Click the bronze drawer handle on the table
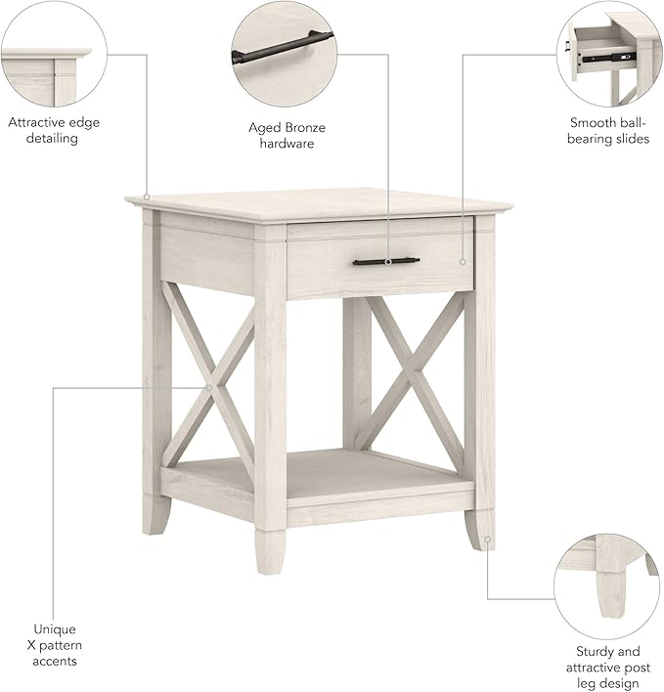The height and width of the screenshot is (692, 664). [x=385, y=261]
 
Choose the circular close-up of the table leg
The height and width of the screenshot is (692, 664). [x=605, y=585]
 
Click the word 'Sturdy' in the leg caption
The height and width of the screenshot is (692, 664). [x=595, y=651]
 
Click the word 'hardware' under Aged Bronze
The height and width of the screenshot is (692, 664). [x=286, y=144]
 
